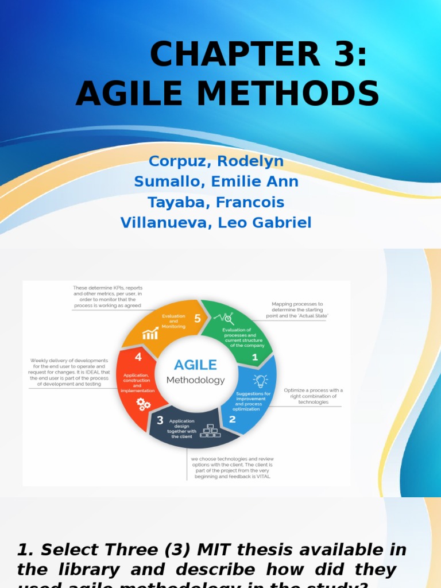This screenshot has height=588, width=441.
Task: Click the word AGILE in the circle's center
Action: tap(195, 365)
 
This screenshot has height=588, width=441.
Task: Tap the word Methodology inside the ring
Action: tap(195, 380)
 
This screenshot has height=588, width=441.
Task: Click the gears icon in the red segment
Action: tap(144, 404)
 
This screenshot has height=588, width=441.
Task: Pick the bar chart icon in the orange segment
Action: tap(150, 333)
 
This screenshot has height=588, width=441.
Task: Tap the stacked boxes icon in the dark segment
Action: tap(208, 430)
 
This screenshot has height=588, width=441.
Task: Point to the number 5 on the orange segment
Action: tap(198, 318)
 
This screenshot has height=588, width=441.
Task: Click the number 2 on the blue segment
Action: tap(232, 419)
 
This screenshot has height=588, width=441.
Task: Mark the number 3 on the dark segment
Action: tap(160, 420)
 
